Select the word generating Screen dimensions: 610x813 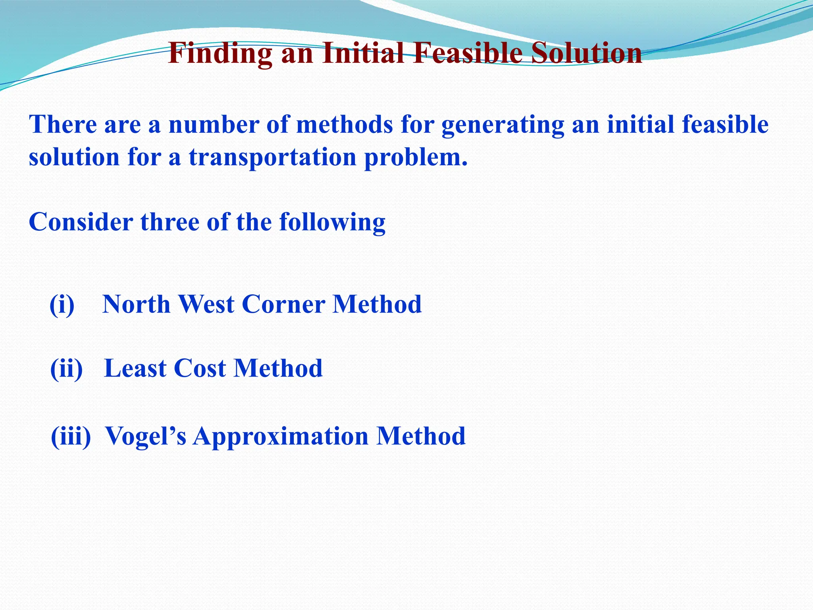[503, 125]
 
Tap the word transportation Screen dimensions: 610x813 [273, 157]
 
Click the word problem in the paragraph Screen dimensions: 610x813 [415, 157]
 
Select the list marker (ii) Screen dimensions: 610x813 [67, 369]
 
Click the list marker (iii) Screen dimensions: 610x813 [71, 436]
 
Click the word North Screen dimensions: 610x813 [136, 305]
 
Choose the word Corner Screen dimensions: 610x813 [283, 305]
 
